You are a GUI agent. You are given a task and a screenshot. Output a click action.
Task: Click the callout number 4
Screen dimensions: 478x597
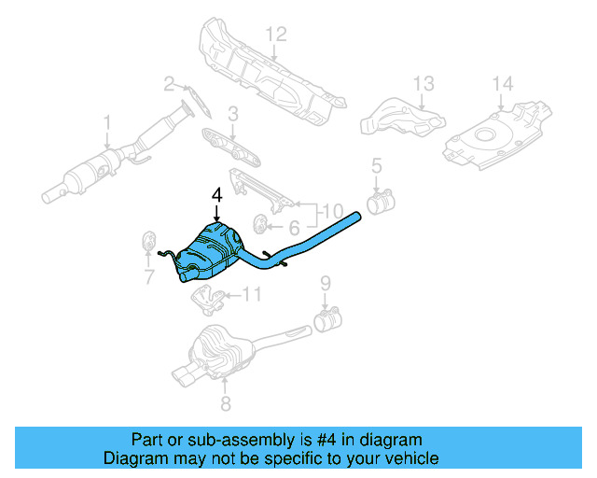216,195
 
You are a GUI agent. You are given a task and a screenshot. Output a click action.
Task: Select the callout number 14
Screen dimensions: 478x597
503,85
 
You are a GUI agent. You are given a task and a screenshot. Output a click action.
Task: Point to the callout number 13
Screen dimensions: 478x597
423,84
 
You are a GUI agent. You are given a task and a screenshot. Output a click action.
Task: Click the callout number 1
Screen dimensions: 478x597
107,121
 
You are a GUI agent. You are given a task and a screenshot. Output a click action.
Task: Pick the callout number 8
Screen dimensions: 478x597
224,403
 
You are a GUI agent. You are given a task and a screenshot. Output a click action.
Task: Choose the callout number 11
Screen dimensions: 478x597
252,295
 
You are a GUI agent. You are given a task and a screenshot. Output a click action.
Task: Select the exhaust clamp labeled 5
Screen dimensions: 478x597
381,201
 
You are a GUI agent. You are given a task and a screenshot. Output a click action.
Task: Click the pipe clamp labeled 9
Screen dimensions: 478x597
327,321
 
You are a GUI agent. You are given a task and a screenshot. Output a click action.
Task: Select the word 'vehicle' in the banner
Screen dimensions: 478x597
411,458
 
